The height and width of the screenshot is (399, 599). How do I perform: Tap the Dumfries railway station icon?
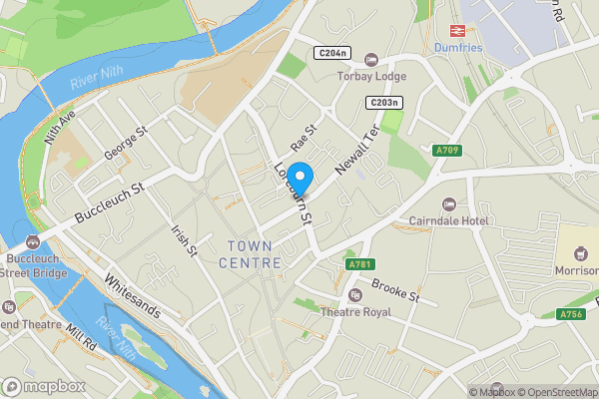tap(460, 30)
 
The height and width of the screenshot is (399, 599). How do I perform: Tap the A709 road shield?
tap(447, 151)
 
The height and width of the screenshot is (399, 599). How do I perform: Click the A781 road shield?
tap(359, 265)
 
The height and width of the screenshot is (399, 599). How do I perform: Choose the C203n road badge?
tap(383, 103)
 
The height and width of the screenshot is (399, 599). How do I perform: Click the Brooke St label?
tap(396, 291)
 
